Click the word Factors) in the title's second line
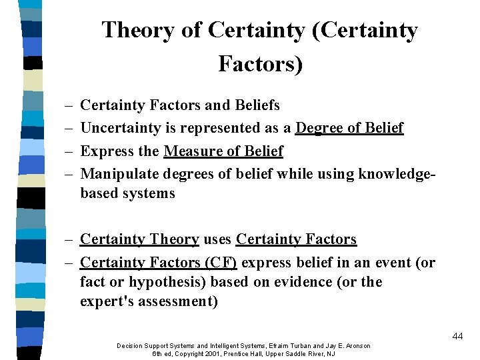[x=260, y=64]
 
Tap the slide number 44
[x=457, y=336]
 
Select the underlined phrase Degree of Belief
[x=349, y=128]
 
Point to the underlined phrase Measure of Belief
[x=223, y=151]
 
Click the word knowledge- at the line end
[x=398, y=174]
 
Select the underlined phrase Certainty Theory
[x=139, y=239]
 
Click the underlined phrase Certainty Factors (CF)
[x=158, y=263]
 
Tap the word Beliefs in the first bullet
[x=255, y=105]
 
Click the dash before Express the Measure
[x=69, y=151]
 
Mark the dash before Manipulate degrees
[x=69, y=174]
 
